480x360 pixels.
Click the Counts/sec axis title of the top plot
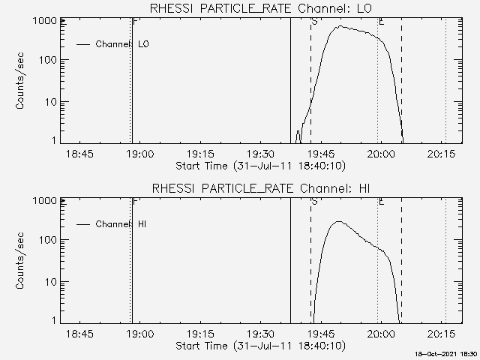coord(22,80)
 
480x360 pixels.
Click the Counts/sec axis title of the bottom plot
coord(22,259)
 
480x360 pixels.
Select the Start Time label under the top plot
coord(259,166)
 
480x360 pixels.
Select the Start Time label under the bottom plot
coord(259,346)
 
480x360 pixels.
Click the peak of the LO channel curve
coord(340,26)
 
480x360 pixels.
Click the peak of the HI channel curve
coord(338,221)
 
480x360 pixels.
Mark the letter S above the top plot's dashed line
coord(313,22)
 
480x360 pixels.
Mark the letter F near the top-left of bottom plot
coord(135,201)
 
